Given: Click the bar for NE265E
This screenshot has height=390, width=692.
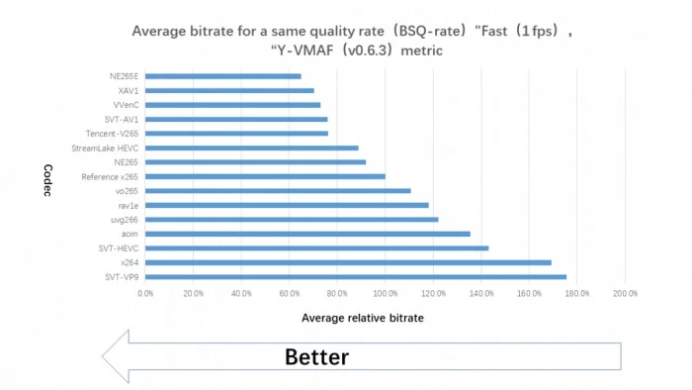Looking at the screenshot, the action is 222,76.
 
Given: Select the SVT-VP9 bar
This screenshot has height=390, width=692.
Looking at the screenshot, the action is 356,277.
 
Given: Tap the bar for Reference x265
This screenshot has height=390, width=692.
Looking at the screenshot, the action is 265,176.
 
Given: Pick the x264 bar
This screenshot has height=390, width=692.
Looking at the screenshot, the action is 348,262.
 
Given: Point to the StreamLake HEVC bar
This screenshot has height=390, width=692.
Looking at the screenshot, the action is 251,147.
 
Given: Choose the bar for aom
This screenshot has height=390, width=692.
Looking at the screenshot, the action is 307,234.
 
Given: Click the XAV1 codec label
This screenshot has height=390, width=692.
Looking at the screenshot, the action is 128,91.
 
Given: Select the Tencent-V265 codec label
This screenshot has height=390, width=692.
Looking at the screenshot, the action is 112,134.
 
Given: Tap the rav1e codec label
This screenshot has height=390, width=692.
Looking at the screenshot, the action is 128,206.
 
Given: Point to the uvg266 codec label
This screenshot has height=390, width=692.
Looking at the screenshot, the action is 125,220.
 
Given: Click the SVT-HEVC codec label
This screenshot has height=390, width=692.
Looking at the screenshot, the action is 119,248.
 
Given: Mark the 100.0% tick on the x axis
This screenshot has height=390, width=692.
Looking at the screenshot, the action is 386,293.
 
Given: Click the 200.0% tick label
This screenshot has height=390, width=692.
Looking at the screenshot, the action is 626,293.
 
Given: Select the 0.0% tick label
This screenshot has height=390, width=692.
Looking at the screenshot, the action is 145,293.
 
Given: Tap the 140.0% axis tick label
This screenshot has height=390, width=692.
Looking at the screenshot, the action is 481,293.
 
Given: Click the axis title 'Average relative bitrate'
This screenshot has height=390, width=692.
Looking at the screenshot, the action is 363,318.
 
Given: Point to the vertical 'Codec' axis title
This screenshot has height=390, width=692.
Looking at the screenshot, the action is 48,180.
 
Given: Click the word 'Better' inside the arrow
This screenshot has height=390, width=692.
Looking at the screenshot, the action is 317,357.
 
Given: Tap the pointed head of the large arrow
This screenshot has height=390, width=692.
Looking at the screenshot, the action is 103,356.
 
